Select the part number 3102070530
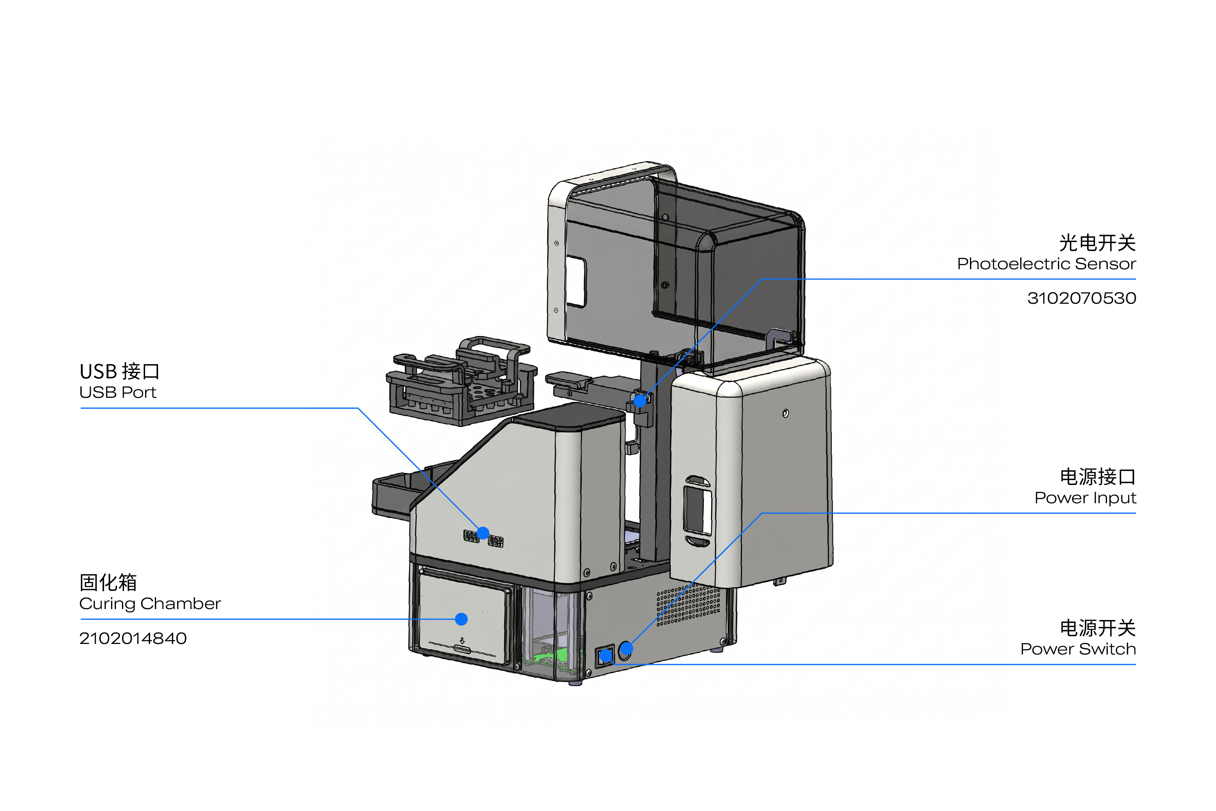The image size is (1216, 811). [1081, 298]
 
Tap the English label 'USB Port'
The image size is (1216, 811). [118, 393]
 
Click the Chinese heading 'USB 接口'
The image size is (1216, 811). [120, 371]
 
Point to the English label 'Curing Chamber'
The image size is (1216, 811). [150, 604]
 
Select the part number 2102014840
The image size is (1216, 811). [133, 638]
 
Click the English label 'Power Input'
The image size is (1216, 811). [1085, 498]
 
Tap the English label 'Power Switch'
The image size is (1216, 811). [1078, 649]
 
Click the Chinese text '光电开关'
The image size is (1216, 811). [1097, 242]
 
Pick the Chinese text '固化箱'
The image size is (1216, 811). [108, 582]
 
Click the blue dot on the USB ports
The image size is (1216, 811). [483, 533]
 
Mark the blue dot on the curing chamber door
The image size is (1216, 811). [461, 619]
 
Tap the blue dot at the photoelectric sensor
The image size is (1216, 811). [640, 401]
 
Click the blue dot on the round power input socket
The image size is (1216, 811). [625, 648]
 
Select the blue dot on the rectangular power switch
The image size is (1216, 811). [606, 657]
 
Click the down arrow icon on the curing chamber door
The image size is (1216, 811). [462, 640]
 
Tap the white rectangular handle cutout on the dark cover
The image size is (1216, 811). [576, 282]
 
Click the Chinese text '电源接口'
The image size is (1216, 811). [1097, 477]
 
